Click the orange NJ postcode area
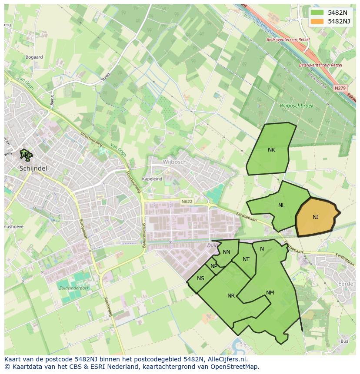[x=316, y=217]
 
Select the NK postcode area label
[x=271, y=150]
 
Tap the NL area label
[x=281, y=205]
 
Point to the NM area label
[x=270, y=293]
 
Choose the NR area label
[x=231, y=296]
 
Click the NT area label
[x=246, y=259]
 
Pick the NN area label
[x=226, y=252]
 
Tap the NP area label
[x=213, y=266]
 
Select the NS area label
[x=200, y=278]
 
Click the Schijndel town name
[x=33, y=168]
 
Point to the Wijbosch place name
[x=174, y=162]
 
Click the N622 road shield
[x=187, y=202]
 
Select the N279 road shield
[x=340, y=88]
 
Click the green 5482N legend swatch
[x=317, y=13]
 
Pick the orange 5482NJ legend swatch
[x=317, y=21]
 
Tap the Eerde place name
[x=346, y=284]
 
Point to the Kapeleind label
[x=152, y=179]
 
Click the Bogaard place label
[x=34, y=57]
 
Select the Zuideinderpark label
[x=73, y=288]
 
